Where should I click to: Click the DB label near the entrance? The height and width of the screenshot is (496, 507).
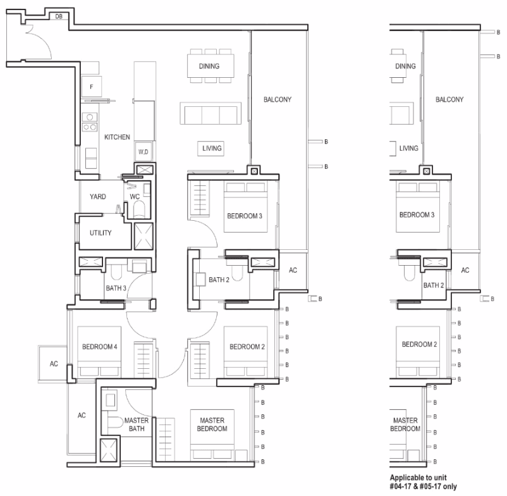point(59,16)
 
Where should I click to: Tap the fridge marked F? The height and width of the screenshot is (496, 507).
point(92,87)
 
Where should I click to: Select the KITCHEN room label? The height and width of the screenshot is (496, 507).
point(117,137)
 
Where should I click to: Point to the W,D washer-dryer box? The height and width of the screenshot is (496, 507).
point(144,151)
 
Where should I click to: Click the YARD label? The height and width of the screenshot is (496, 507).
point(97,197)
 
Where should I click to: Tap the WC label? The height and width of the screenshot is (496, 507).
point(135,197)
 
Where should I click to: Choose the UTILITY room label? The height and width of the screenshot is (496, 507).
point(101,233)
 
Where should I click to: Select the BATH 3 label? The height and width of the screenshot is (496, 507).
point(116,288)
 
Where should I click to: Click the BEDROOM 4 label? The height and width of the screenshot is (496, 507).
point(100,347)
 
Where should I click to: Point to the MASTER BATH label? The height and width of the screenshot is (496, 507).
point(137,425)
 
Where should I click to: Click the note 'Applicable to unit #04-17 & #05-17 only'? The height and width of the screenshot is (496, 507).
point(423,481)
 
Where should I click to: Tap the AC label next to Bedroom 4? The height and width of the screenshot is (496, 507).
point(54,364)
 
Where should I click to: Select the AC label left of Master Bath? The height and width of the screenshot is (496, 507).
point(82,415)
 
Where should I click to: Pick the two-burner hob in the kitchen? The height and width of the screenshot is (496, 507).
point(90,121)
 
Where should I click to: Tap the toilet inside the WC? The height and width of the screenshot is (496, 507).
point(139,209)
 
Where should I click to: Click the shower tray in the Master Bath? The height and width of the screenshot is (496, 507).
point(108,450)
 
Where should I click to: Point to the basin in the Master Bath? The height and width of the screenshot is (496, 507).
point(110,400)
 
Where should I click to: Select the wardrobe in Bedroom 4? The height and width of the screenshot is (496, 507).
point(144,359)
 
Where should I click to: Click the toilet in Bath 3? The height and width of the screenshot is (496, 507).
point(116,272)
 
